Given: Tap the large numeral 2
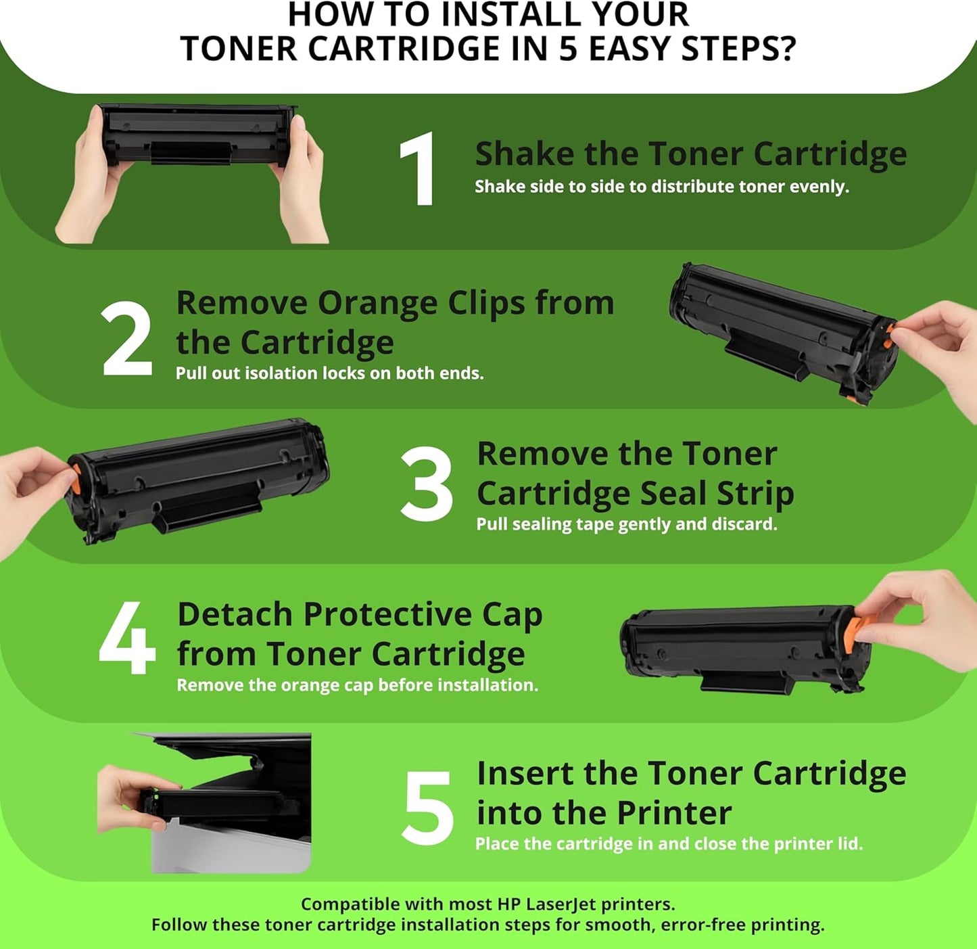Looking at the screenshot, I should click(127, 338).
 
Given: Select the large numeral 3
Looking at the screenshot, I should click(426, 484).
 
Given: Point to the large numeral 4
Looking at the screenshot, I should click(127, 638).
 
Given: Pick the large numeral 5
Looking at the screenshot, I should click(427, 808).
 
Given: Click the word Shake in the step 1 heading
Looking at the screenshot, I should click(525, 154).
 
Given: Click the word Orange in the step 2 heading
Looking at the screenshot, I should click(377, 303).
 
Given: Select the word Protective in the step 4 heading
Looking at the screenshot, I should click(387, 615).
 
